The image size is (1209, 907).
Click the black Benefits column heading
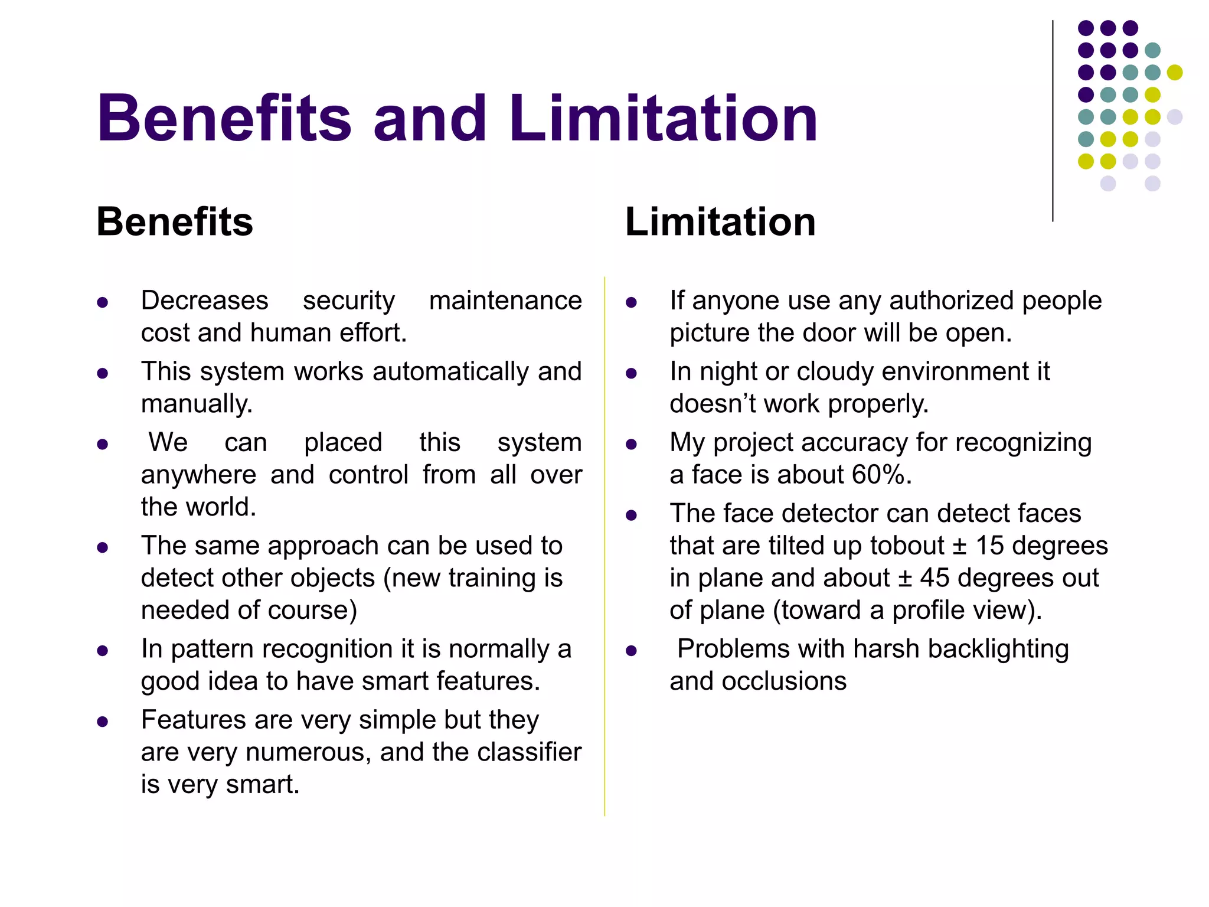click(x=175, y=222)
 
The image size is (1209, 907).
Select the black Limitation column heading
click(x=720, y=222)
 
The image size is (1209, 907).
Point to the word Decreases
click(x=204, y=301)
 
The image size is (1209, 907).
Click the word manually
click(x=196, y=404)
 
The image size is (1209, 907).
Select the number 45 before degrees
click(x=934, y=578)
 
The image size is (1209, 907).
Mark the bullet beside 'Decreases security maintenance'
click(x=103, y=303)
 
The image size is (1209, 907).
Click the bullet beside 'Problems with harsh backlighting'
click(x=631, y=651)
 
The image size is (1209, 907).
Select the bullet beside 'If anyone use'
click(x=631, y=303)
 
